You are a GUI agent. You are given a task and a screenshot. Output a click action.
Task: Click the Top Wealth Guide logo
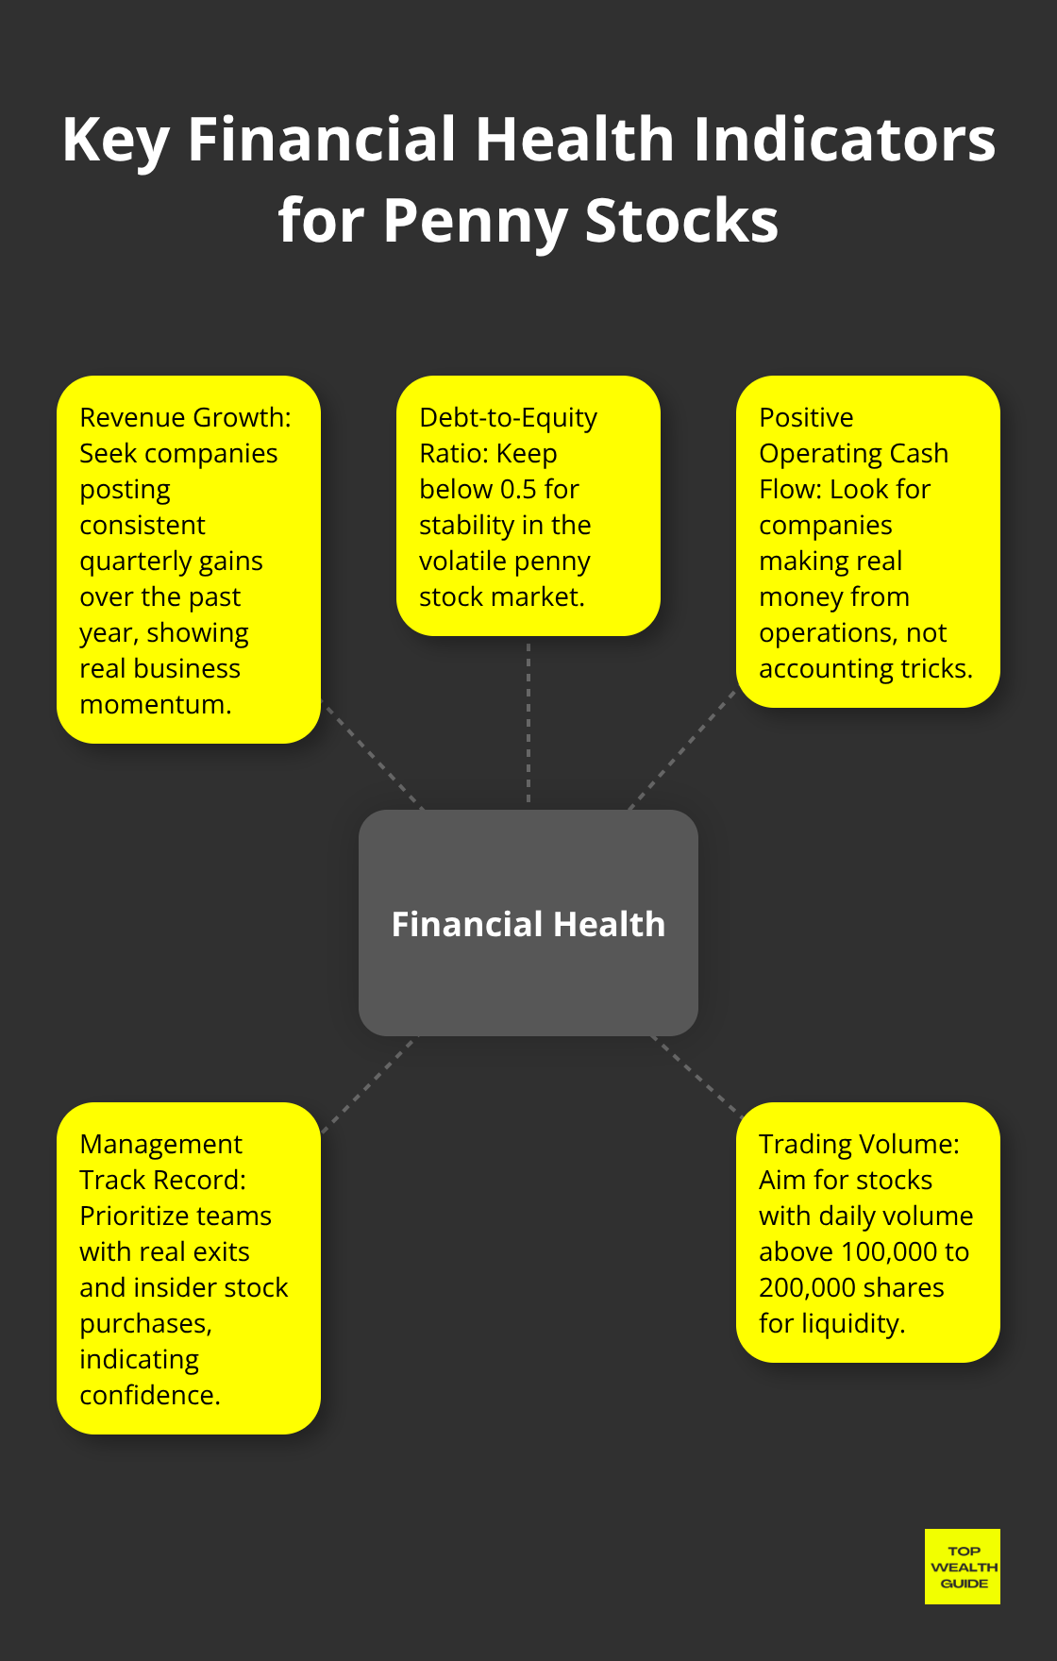(963, 1567)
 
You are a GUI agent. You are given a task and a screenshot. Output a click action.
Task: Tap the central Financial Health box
(528, 923)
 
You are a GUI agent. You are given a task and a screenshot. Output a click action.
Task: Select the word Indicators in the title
(844, 140)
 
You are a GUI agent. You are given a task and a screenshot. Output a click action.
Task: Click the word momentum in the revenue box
(155, 704)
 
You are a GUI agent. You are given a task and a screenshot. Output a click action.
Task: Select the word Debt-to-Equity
(508, 417)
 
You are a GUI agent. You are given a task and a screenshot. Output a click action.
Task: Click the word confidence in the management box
(149, 1395)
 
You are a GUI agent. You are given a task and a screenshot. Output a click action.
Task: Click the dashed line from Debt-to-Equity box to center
(528, 722)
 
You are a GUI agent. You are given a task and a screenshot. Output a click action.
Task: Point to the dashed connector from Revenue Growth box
(373, 755)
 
